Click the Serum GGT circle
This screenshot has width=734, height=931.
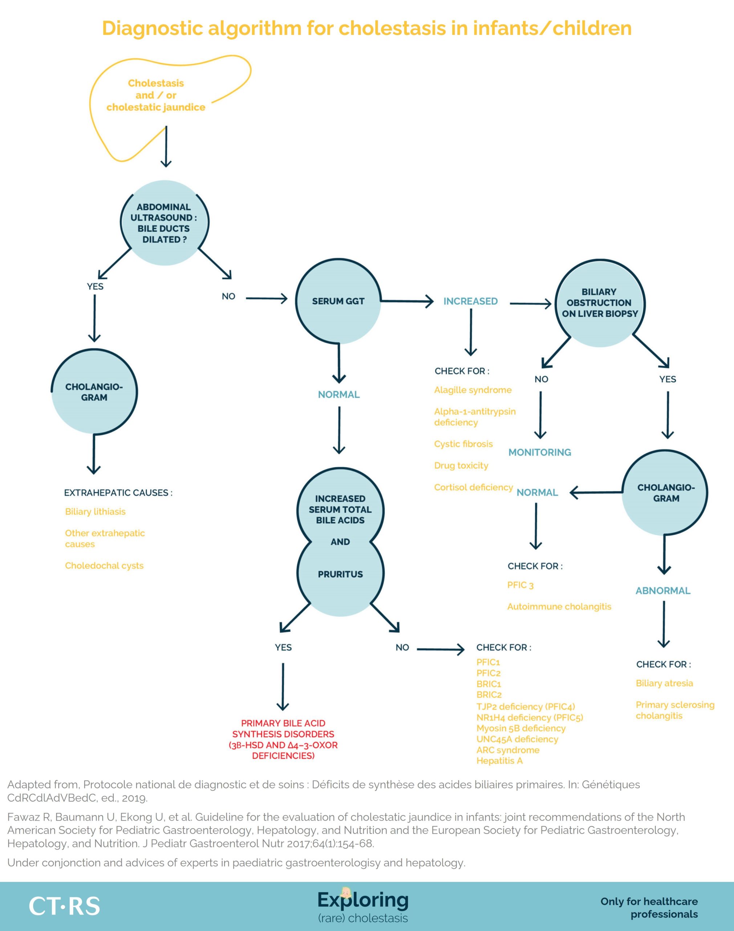(338, 301)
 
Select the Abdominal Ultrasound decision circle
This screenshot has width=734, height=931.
(164, 223)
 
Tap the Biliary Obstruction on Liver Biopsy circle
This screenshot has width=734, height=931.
(600, 303)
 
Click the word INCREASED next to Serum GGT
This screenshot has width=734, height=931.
(471, 301)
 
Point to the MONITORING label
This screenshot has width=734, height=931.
(540, 452)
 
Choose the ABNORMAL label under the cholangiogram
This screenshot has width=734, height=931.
(663, 591)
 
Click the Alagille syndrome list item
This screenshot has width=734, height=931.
(473, 390)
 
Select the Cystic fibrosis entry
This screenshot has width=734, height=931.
(463, 444)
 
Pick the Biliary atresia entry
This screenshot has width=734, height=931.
(664, 683)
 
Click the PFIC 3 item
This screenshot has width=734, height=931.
(520, 585)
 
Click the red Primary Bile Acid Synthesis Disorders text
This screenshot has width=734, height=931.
(283, 739)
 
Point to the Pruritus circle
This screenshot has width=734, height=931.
(340, 574)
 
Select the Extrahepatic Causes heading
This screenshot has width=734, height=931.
(118, 493)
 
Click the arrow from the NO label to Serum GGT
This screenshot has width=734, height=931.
(267, 298)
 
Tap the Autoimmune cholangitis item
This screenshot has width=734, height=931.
(559, 607)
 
